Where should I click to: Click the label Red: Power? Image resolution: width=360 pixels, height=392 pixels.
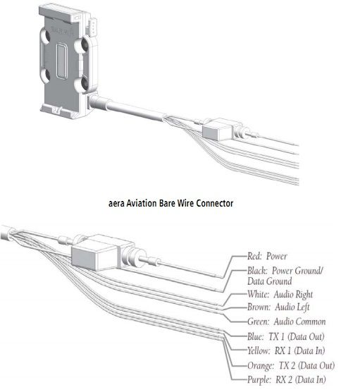(267, 256)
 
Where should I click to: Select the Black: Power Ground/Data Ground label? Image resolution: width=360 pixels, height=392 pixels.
(285, 276)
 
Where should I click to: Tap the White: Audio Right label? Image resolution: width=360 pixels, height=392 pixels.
(280, 295)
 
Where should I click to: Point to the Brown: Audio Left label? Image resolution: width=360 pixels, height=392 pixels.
(278, 307)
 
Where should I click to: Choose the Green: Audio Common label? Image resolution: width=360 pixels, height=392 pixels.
(286, 321)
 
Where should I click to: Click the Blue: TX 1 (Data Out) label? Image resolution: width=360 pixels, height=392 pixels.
(285, 337)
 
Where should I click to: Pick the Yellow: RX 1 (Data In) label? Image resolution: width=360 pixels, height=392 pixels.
(286, 350)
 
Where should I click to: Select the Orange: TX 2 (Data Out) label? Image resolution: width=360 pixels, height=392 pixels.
(291, 366)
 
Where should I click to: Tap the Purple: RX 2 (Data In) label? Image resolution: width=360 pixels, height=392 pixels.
(287, 380)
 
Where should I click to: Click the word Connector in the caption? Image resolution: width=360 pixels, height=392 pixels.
(214, 203)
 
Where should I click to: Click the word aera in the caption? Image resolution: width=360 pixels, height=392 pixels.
(116, 204)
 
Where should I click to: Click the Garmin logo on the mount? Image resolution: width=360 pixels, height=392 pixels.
(62, 31)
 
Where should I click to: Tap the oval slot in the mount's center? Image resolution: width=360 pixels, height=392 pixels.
(62, 61)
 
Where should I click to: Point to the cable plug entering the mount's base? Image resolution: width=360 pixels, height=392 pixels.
(101, 103)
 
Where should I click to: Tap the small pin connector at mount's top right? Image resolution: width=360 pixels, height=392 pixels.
(91, 26)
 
